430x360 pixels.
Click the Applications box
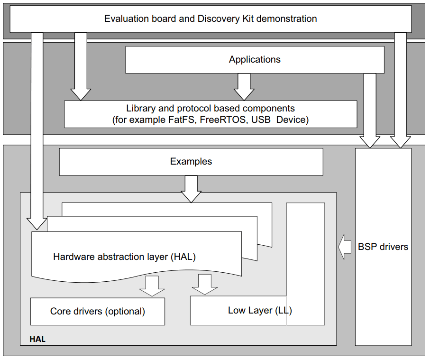coord(255,60)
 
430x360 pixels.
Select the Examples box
coord(191,162)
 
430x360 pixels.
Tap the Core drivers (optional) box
coord(98,312)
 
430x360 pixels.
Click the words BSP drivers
coord(383,247)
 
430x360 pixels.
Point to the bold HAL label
coord(37,340)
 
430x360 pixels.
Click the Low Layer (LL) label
coord(260,311)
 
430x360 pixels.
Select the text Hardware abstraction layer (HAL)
coord(124,257)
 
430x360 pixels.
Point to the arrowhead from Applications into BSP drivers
coord(370,141)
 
